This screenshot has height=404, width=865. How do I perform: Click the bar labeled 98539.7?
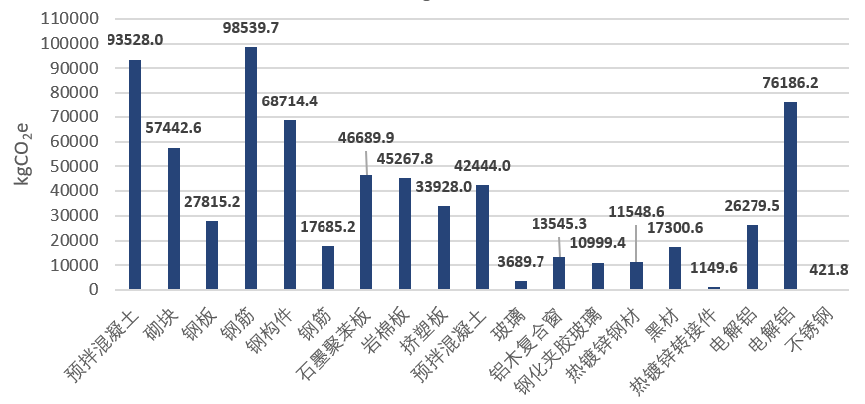tap(251, 168)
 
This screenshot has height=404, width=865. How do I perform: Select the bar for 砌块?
tap(173, 219)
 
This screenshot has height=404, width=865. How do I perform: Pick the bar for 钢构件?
tap(290, 205)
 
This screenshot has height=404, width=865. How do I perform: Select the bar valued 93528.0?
tap(135, 174)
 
